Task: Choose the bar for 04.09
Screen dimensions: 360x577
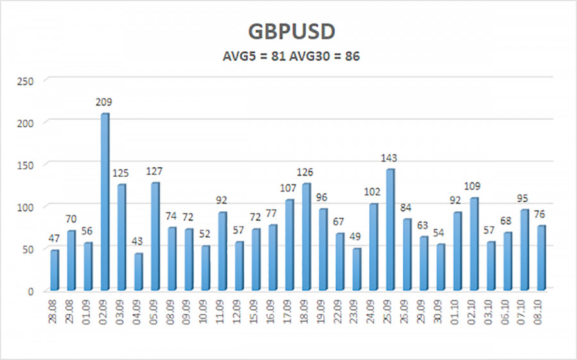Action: [138, 272]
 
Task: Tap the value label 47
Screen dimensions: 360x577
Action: [55, 238]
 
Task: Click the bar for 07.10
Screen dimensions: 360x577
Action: [524, 250]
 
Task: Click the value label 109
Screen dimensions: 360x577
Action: [474, 186]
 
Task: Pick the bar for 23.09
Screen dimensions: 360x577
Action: [356, 269]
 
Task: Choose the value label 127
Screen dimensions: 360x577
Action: [156, 171]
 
